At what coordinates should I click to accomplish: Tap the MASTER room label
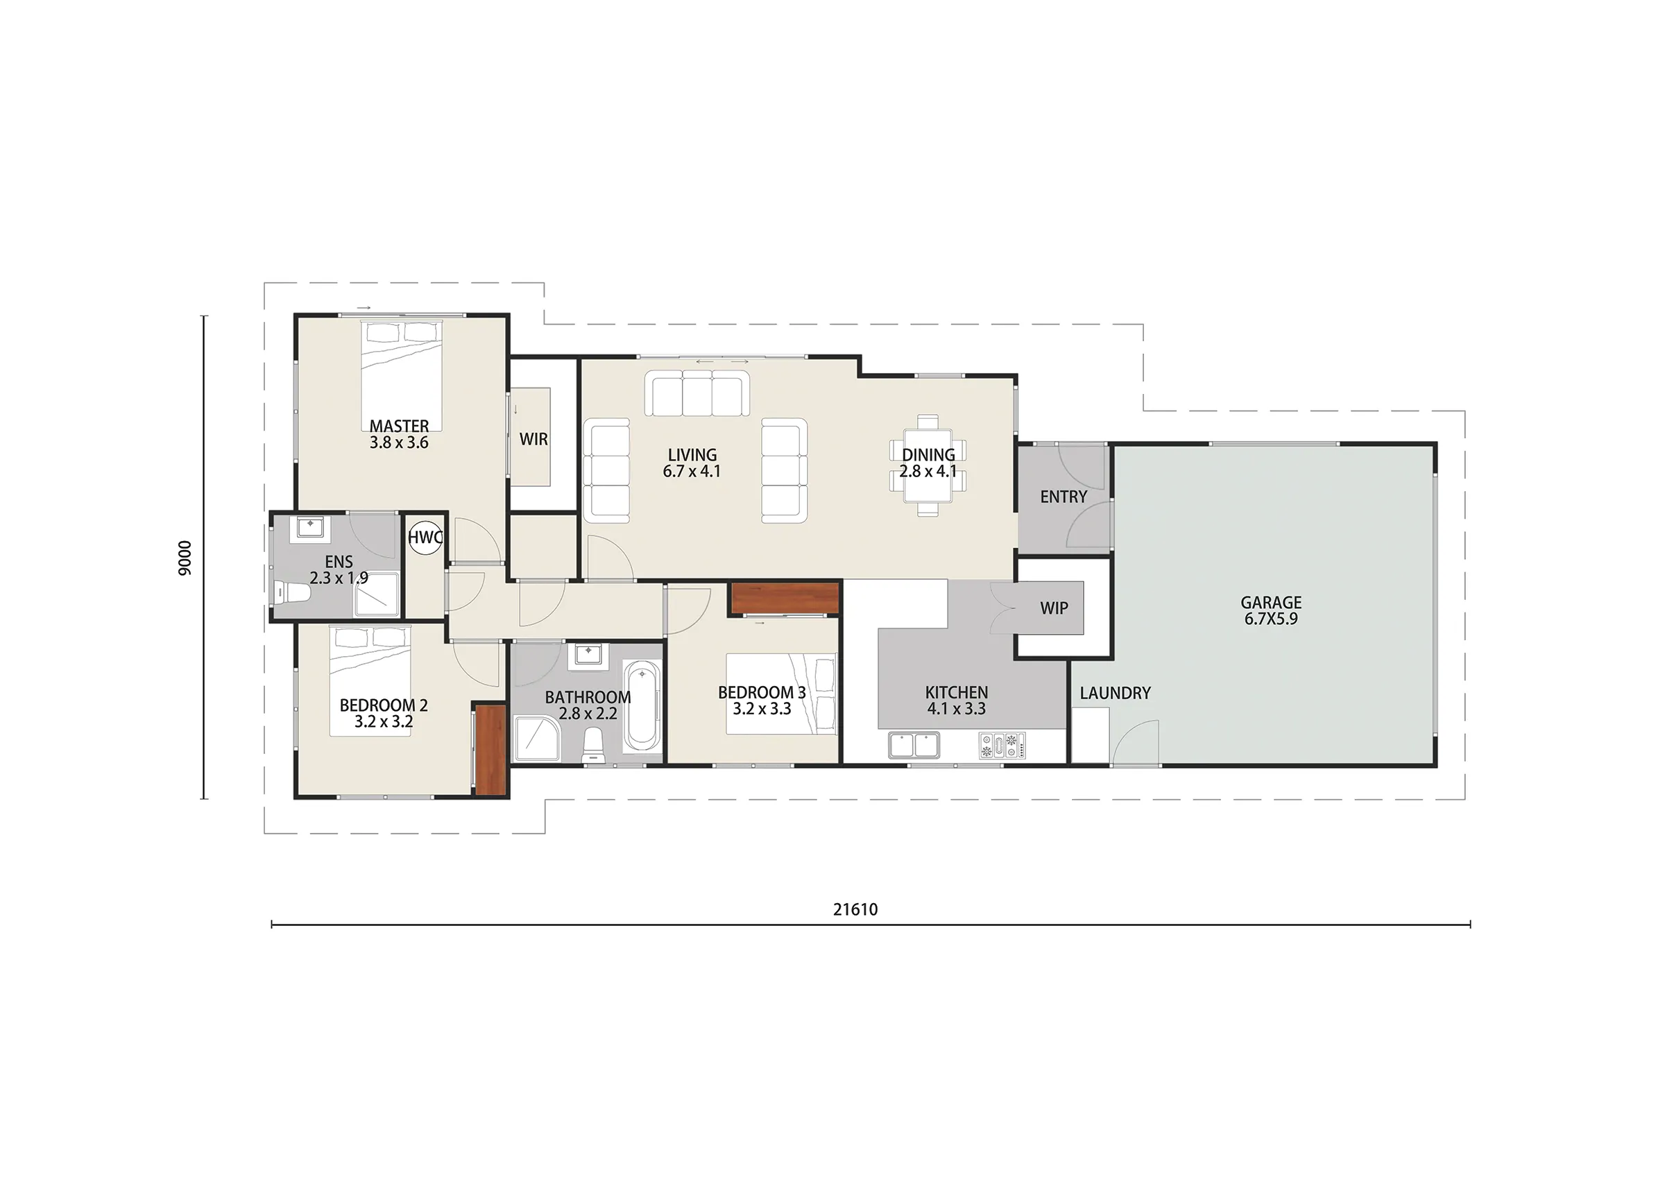tap(399, 427)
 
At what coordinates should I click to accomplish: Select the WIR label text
tap(533, 440)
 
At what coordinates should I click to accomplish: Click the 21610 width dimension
tap(855, 909)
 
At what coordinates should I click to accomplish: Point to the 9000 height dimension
tap(185, 558)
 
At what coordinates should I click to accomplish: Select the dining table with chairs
tap(928, 465)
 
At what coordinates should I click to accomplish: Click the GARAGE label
tap(1270, 603)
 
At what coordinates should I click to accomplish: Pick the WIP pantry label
tap(1054, 608)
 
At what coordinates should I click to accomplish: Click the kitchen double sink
tap(914, 745)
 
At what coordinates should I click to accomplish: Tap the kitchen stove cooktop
tap(1002, 746)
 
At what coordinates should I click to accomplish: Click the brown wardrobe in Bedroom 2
tap(490, 749)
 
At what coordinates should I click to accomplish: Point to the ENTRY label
tap(1063, 497)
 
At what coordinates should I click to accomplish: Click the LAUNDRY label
tap(1115, 694)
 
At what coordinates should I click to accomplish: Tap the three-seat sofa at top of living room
tap(697, 394)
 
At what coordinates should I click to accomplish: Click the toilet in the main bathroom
tap(593, 745)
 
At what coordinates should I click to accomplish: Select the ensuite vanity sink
tap(310, 528)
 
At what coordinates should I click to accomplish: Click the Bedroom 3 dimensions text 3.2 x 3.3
tap(762, 710)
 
